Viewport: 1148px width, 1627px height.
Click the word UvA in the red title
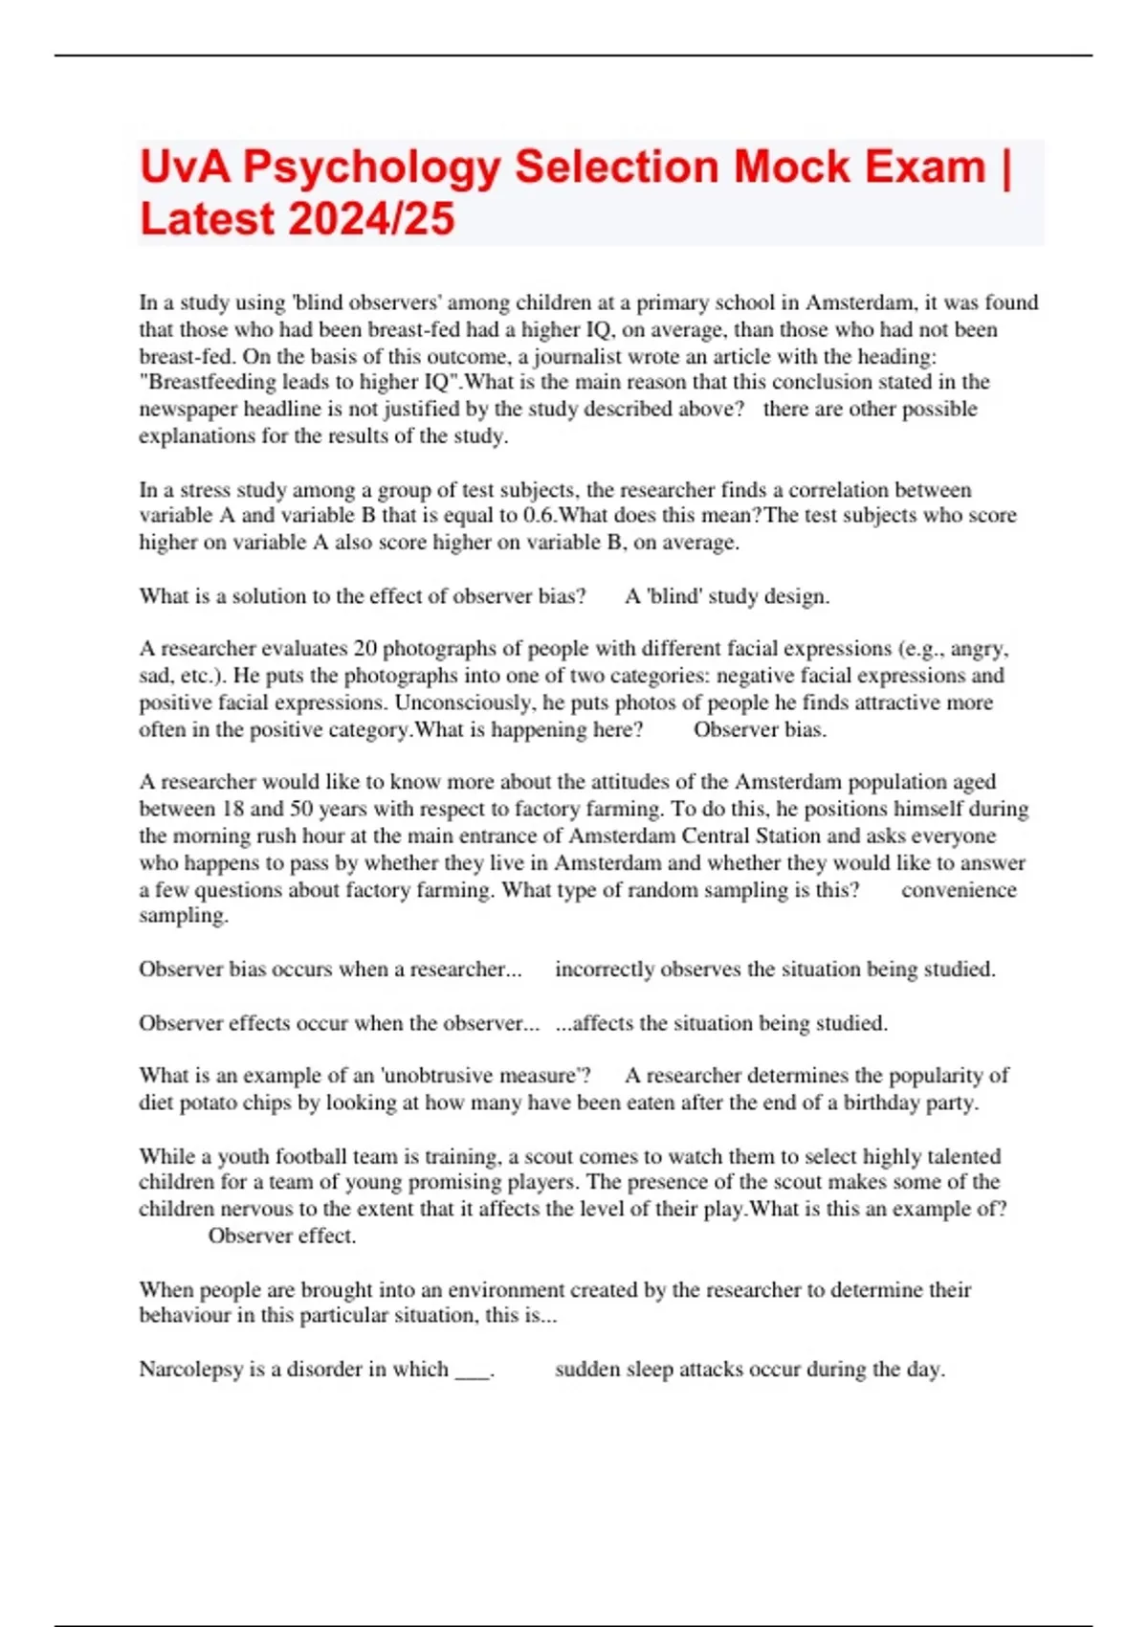185,167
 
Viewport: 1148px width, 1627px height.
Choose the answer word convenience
959,890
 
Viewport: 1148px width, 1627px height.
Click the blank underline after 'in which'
472,1372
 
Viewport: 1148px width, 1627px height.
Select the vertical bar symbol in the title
1004,167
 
